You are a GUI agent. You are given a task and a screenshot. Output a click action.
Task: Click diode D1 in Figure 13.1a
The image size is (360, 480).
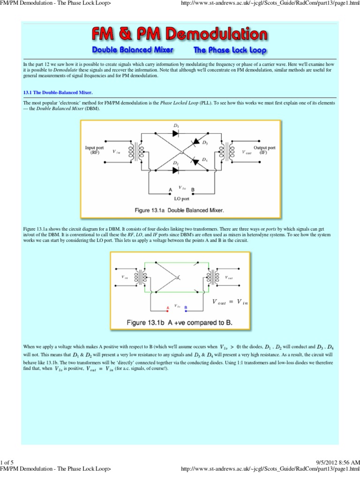[175, 133]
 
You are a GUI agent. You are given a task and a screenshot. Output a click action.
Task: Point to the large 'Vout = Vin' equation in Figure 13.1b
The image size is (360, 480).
[230, 303]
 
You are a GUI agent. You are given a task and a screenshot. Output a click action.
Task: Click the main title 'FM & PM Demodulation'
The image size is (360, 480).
[180, 35]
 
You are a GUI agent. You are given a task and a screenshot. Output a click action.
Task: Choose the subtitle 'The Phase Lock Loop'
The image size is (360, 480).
[230, 50]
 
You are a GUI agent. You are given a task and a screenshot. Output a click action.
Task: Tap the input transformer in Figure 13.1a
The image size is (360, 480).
[132, 150]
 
